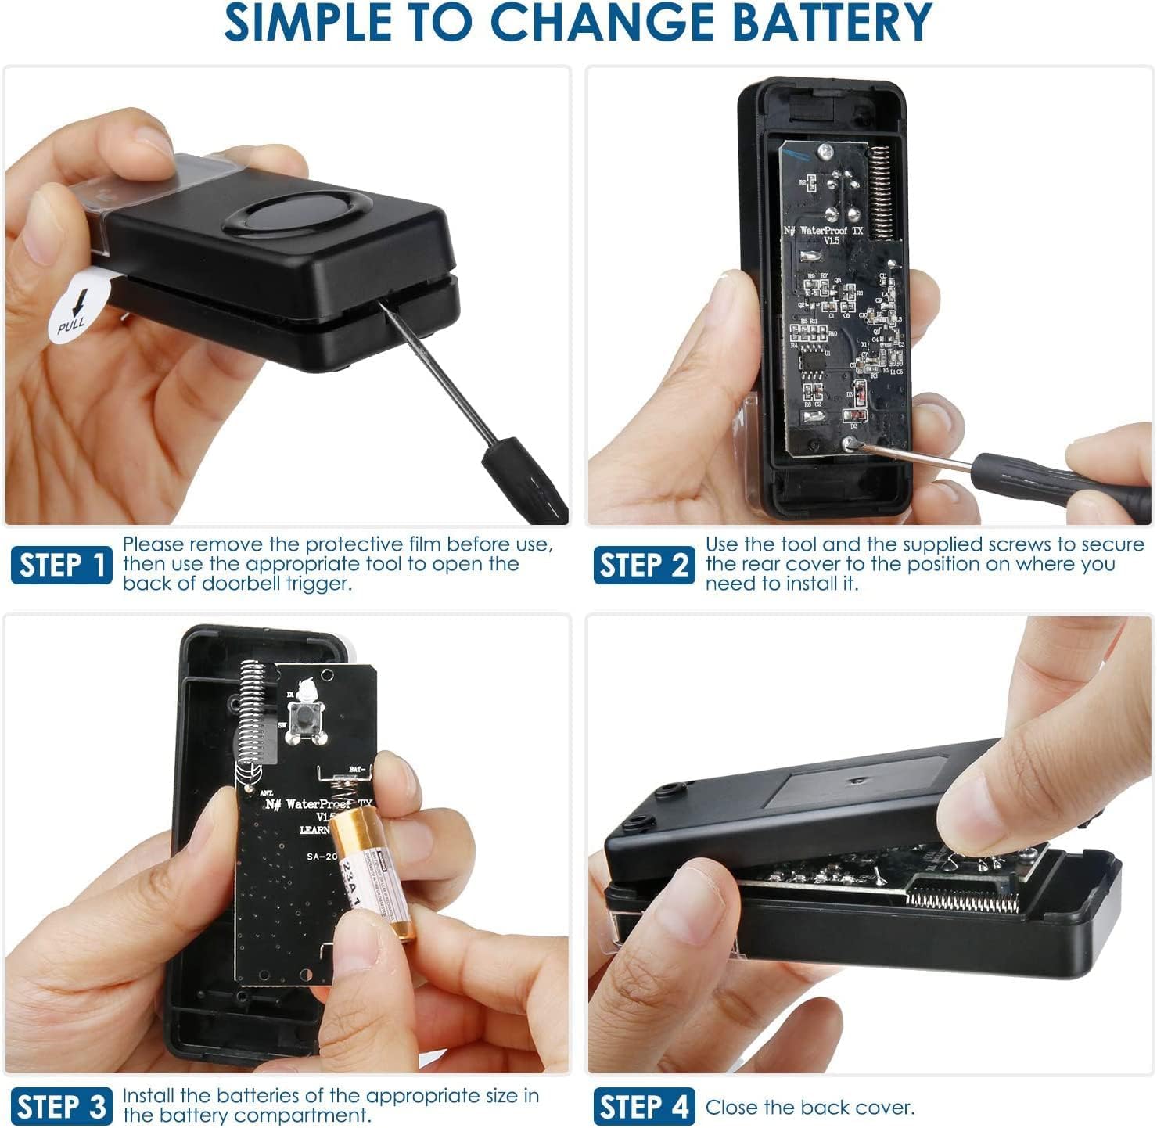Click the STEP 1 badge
coord(62,565)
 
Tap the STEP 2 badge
coord(644,565)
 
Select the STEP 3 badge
coord(62,1108)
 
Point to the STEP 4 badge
coord(644,1108)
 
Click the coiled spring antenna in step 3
coord(253,720)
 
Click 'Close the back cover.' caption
coord(810,1108)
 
